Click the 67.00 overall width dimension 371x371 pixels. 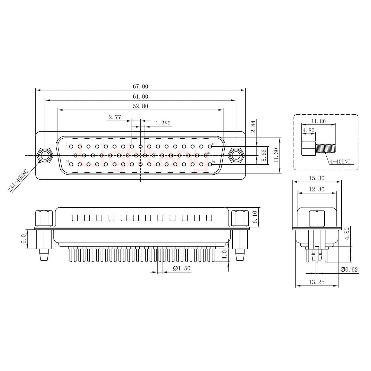tap(140, 87)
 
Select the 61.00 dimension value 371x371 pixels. tap(140, 96)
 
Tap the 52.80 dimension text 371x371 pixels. tap(140, 106)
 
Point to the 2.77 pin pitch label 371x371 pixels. tap(115, 117)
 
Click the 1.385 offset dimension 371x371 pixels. tap(163, 123)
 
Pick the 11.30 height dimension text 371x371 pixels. tap(276, 155)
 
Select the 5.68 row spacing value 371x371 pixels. tap(264, 155)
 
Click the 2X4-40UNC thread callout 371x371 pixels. tap(18, 181)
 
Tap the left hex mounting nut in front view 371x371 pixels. tap(45, 155)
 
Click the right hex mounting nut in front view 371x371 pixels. tap(236, 155)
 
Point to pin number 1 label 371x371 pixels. tap(67, 144)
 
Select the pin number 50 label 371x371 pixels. tap(213, 162)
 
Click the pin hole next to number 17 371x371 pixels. tap(210, 147)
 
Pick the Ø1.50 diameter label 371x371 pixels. tap(182, 268)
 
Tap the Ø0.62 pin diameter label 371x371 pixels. tap(349, 269)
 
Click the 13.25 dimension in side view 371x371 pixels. tap(317, 282)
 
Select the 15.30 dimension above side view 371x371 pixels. tap(317, 178)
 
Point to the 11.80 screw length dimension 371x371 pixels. tap(319, 121)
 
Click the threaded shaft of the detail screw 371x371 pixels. tap(326, 148)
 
